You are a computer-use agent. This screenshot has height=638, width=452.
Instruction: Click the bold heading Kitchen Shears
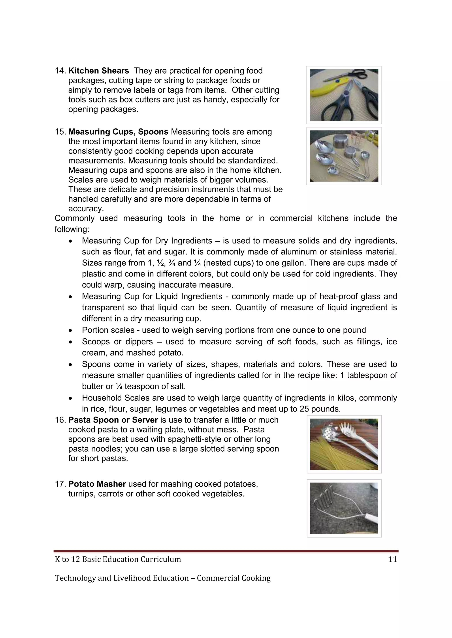click(98, 71)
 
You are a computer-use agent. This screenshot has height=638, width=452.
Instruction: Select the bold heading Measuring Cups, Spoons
click(118, 132)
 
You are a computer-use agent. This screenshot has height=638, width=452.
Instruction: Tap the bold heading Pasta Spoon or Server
click(113, 420)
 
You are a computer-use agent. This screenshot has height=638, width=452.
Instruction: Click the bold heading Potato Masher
click(97, 484)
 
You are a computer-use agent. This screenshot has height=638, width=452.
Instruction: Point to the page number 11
click(392, 559)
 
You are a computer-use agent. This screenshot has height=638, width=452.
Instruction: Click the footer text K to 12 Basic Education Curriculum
click(118, 559)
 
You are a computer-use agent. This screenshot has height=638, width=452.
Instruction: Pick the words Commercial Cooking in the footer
click(234, 578)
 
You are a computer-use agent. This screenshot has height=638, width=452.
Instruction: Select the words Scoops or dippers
click(117, 341)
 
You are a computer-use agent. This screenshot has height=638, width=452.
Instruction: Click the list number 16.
click(60, 420)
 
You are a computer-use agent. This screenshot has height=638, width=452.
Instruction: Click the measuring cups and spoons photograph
click(344, 156)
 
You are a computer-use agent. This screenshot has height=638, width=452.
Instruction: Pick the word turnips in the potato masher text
click(82, 493)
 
